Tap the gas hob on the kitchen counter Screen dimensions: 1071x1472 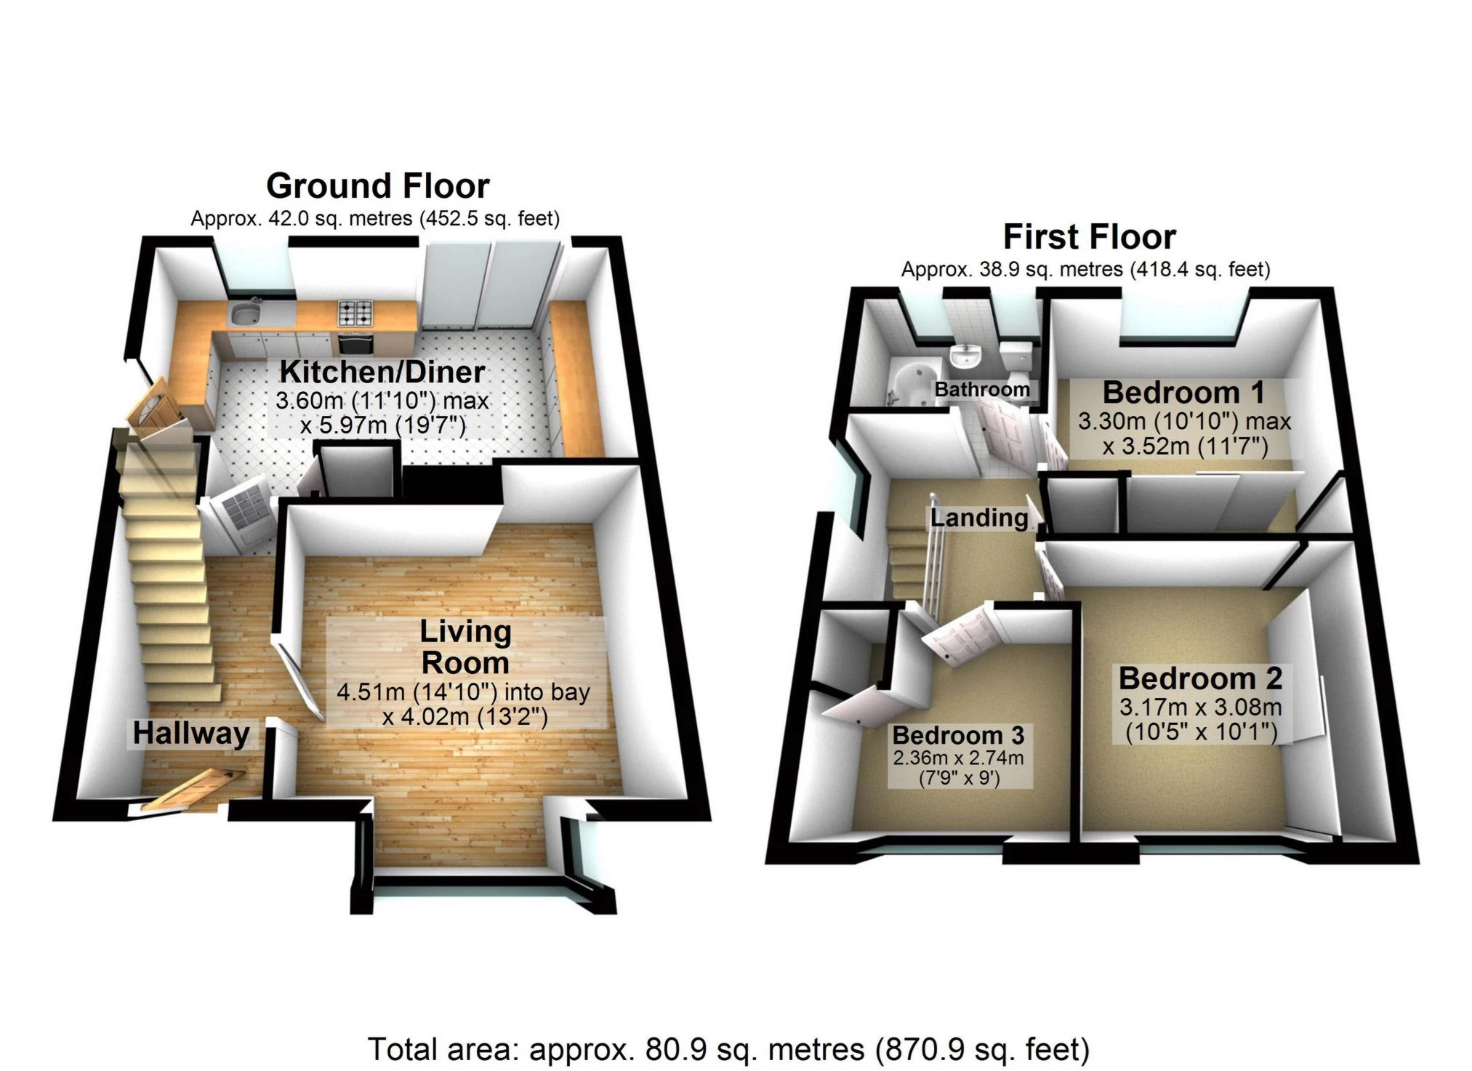coord(355,313)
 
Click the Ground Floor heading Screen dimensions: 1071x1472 coord(377,186)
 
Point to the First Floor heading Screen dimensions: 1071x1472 coord(1089,237)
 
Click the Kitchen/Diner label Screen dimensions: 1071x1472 coord(382,372)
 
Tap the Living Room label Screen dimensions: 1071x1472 coord(465,647)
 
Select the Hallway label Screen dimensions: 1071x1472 coord(191,733)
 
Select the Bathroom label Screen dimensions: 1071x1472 coord(982,390)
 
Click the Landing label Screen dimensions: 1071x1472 coord(979,518)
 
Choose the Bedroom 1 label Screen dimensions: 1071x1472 coord(1183,393)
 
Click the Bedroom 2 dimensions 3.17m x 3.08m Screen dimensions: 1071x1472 coord(1200,707)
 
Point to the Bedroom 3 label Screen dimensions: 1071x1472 coord(958,735)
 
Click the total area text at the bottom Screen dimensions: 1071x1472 coord(728,1049)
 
